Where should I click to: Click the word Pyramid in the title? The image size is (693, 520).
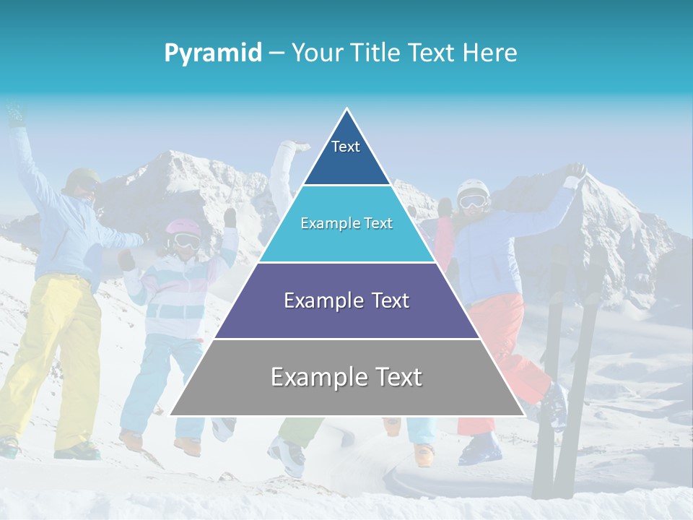[x=213, y=53]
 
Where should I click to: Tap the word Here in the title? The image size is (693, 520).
[x=489, y=53]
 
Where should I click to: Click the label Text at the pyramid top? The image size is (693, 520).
[x=346, y=147]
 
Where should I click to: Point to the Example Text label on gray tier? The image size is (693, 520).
[x=346, y=377]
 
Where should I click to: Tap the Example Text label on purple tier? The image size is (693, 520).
[x=346, y=300]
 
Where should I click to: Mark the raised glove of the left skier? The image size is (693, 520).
[x=14, y=116]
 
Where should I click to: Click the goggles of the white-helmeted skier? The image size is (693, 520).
[x=473, y=202]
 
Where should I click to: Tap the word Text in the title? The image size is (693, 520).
[x=432, y=53]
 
